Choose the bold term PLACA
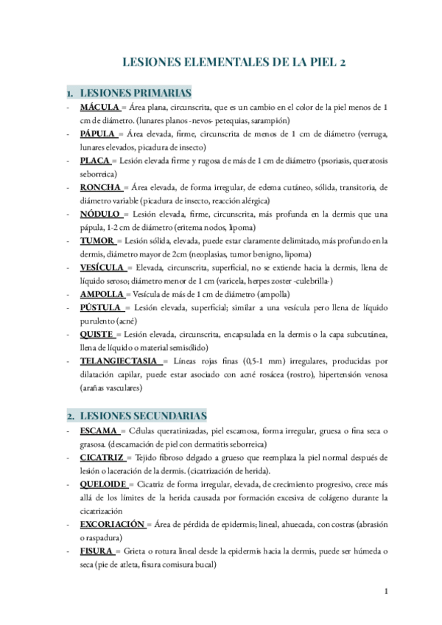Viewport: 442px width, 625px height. (95, 161)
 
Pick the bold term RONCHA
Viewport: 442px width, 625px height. (100, 187)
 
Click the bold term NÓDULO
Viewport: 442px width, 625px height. (101, 214)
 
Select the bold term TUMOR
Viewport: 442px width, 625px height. (97, 240)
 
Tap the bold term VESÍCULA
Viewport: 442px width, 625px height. (102, 267)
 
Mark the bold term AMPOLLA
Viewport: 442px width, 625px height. (102, 293)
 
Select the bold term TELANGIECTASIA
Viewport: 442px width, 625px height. (119, 360)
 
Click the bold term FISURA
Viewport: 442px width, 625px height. (97, 551)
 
